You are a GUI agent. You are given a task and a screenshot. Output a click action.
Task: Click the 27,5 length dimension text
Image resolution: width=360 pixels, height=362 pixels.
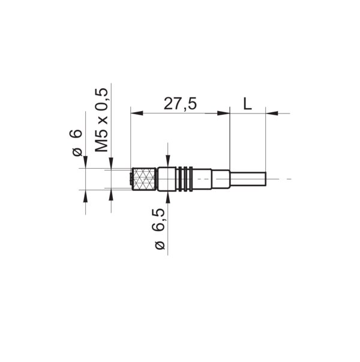[x=180, y=104]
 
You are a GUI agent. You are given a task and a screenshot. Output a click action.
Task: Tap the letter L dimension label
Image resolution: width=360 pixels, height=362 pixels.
[x=247, y=104]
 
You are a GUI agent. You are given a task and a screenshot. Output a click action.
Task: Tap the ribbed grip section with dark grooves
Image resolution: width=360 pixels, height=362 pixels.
[x=185, y=179]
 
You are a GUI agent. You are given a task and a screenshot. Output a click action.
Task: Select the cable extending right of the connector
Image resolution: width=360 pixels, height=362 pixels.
[x=247, y=179]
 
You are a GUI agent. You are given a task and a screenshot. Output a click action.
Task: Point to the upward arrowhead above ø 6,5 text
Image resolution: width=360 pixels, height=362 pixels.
[x=167, y=198]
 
